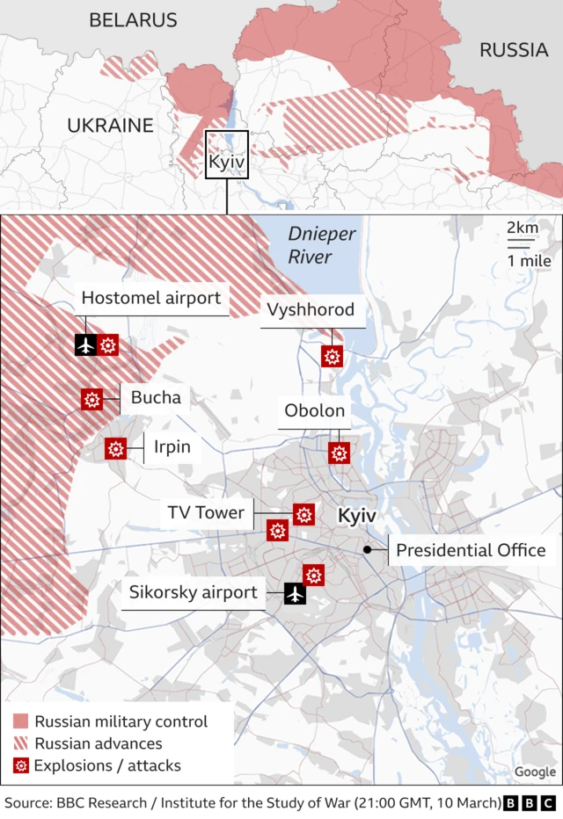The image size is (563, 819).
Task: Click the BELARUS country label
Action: [x=133, y=20]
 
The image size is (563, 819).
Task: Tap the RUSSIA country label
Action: [x=513, y=50]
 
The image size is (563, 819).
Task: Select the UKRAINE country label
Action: [x=110, y=126]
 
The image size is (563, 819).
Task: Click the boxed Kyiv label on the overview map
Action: [x=226, y=163]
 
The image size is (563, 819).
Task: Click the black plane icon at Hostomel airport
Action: [x=86, y=345]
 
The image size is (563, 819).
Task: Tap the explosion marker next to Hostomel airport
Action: [x=108, y=345]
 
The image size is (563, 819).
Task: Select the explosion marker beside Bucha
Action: [x=91, y=399]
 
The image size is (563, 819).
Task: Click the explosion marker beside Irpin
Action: [x=115, y=448]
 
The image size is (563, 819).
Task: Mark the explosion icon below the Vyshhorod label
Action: [x=332, y=356]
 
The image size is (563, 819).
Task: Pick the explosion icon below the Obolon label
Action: [x=339, y=453]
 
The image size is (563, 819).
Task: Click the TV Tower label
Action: [x=206, y=512]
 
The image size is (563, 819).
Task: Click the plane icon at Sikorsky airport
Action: [x=295, y=594]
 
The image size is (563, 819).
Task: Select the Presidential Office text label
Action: [x=471, y=550]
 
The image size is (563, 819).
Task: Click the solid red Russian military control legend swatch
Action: [x=20, y=721]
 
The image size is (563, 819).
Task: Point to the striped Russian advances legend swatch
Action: [x=20, y=743]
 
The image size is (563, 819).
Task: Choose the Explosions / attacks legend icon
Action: [x=20, y=765]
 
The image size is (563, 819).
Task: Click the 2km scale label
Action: [x=522, y=228]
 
